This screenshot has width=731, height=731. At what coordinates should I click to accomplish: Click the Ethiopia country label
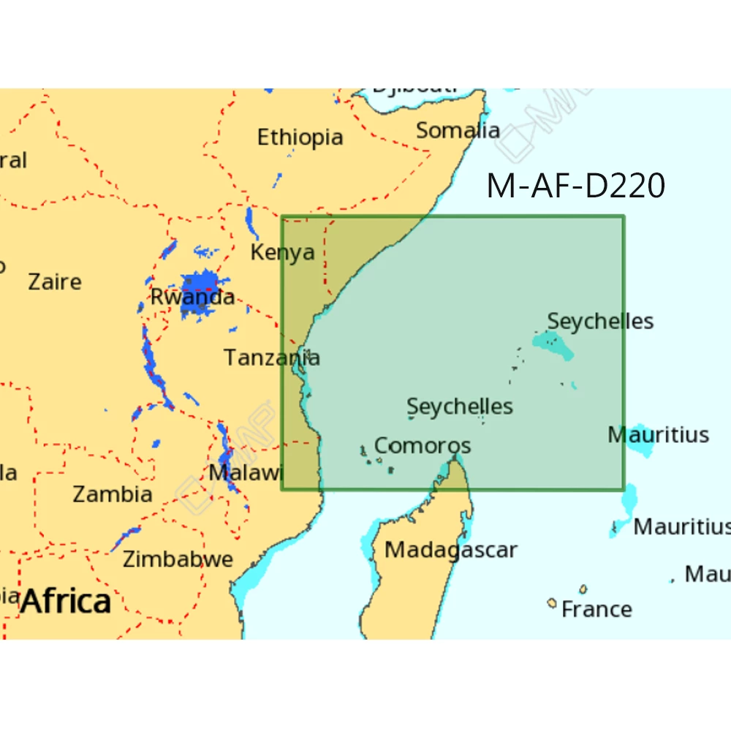coord(300,137)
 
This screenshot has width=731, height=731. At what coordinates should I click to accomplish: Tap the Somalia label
coord(458,131)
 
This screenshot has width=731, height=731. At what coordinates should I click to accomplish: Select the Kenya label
coord(282,253)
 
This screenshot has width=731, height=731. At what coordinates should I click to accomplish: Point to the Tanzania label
coord(271,357)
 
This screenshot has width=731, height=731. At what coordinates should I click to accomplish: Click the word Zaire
coord(55,281)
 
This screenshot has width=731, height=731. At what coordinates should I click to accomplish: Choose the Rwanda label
coord(192,297)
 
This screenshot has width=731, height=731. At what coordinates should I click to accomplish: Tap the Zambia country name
coord(113,494)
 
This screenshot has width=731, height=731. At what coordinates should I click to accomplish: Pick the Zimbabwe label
coord(178,560)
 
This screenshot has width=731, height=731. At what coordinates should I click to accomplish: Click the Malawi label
coord(246,472)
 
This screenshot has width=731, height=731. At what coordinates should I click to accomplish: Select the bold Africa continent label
coord(66,602)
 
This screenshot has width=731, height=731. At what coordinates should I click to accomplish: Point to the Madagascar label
coord(451,550)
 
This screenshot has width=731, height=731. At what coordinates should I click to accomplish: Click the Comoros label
coord(423,445)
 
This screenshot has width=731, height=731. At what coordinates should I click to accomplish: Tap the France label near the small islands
coord(596,609)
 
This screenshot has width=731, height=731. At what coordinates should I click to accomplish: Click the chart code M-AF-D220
coord(575,186)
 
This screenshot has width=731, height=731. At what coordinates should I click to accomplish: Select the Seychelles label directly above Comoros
coord(460,406)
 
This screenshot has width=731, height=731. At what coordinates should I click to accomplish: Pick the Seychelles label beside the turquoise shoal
coord(600,321)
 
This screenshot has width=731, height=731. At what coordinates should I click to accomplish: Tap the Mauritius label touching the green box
coord(658,435)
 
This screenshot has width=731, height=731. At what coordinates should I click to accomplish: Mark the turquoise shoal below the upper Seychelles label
coord(553,345)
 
